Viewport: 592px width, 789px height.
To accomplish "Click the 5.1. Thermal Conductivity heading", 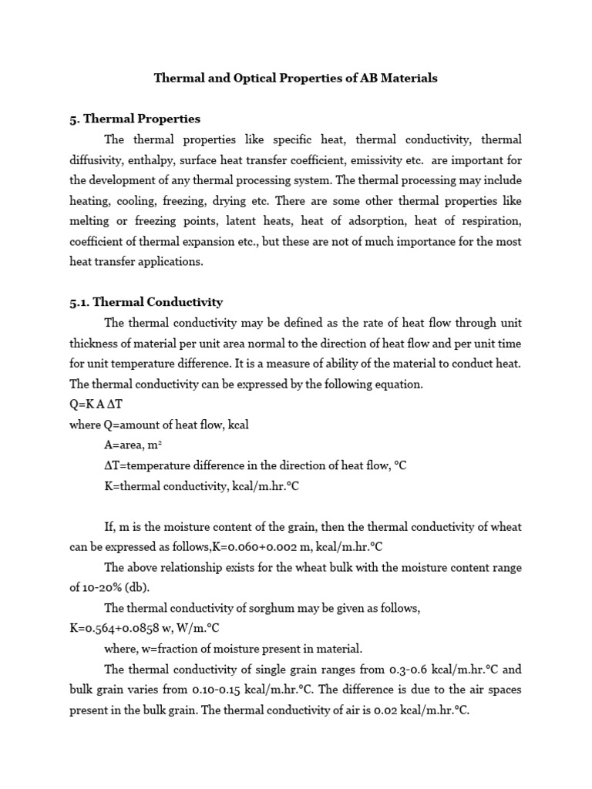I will pyautogui.click(x=146, y=302).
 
